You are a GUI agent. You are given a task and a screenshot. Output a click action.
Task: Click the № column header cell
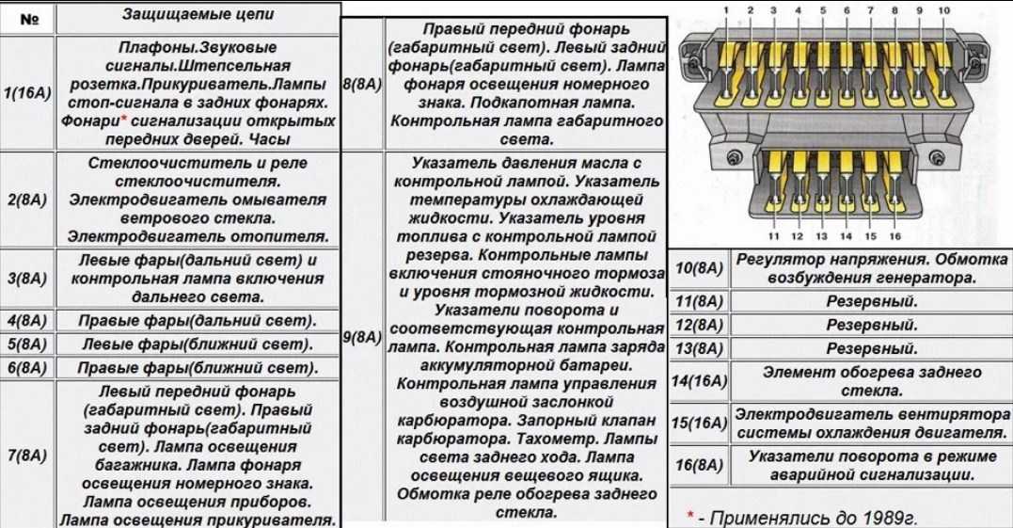[x=28, y=19]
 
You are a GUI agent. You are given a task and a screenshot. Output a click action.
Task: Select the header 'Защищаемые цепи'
[x=198, y=14]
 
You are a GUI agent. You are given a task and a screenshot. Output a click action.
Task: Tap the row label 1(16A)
[x=27, y=94]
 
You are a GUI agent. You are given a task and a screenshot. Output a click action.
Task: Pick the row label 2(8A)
[x=27, y=200]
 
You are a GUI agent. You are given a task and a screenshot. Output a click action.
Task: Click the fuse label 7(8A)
[x=27, y=456]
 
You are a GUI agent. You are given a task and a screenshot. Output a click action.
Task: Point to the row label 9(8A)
[x=363, y=337]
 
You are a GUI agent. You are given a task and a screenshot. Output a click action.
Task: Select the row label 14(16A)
[x=699, y=381]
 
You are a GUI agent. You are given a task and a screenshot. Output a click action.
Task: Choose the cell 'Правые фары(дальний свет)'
[x=198, y=321]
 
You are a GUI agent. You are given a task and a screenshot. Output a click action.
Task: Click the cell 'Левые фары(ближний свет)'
[x=198, y=344]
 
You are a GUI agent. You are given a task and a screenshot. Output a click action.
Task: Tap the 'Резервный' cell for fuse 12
[x=872, y=325]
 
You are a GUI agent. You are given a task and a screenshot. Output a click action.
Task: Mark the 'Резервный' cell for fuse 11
[x=872, y=302]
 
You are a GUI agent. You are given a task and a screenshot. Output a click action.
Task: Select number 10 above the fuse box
[x=944, y=10]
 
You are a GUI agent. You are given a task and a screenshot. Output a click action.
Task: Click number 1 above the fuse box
[x=726, y=10]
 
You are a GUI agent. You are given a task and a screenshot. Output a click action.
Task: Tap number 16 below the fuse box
[x=894, y=236]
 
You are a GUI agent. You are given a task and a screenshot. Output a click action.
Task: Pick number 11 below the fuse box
[x=773, y=236]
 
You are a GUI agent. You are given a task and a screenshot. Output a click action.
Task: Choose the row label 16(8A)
[x=699, y=465]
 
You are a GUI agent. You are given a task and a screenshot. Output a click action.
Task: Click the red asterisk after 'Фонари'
[x=123, y=119]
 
